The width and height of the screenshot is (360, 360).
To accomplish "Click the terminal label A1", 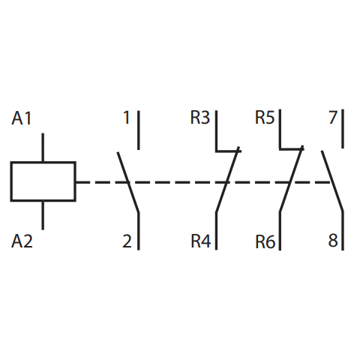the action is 22,118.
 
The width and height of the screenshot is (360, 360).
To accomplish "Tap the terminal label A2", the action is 22,241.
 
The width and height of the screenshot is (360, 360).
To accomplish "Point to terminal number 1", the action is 127,118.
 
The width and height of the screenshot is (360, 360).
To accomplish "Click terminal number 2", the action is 127,241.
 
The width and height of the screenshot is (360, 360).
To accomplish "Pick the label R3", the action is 200,118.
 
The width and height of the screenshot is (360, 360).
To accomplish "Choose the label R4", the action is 201,241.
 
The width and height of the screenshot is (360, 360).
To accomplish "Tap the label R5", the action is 265,118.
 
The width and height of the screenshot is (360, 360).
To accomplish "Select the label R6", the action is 265,242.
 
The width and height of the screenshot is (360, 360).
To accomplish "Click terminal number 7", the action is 333,118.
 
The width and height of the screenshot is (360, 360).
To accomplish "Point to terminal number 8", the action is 333,241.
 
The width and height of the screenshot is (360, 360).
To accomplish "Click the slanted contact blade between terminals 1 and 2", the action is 128,182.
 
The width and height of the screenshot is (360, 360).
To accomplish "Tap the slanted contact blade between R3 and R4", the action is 227,179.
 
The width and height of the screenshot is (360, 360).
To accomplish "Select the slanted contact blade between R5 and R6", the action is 291,178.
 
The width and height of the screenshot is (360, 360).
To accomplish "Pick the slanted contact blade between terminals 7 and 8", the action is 332,181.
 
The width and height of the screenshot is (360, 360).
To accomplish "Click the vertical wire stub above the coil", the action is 43,148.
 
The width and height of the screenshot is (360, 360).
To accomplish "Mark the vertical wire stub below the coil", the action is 43,215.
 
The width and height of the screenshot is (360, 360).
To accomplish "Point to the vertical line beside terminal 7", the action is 343,129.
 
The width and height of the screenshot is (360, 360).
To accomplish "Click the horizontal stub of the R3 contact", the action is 228,151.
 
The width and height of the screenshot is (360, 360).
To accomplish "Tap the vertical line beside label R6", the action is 280,231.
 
